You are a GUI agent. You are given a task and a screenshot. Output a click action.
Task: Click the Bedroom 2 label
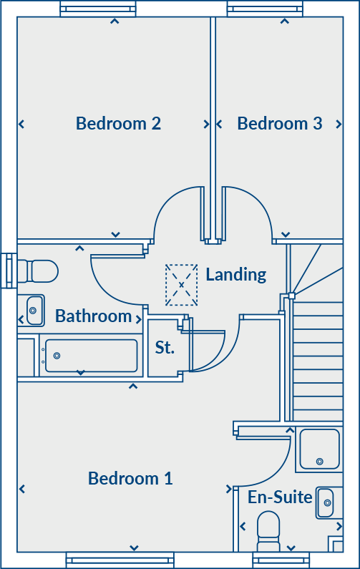pyautogui.click(x=118, y=123)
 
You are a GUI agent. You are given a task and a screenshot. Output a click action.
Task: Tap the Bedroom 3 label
pyautogui.click(x=279, y=123)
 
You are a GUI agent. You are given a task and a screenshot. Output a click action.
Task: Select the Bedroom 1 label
pyautogui.click(x=130, y=478)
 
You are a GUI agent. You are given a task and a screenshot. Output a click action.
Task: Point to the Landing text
pyautogui.click(x=235, y=274)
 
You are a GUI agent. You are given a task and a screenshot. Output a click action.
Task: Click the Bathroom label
pyautogui.click(x=93, y=316)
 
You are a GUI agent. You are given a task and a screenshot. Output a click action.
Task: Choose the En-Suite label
pyautogui.click(x=280, y=497)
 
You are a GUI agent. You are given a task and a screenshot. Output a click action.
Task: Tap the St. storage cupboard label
pyautogui.click(x=165, y=348)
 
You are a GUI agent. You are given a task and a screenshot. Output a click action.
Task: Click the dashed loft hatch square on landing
pyautogui.click(x=181, y=284)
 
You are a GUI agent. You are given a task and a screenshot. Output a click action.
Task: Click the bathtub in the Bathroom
pyautogui.click(x=90, y=356)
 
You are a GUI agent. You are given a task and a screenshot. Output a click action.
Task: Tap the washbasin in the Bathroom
pyautogui.click(x=33, y=311)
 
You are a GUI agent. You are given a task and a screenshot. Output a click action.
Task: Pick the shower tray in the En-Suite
pyautogui.click(x=319, y=449)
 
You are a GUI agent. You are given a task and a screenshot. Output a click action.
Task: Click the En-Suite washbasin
pyautogui.click(x=326, y=502)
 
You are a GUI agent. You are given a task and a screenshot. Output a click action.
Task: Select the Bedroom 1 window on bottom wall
pyautogui.click(x=120, y=560)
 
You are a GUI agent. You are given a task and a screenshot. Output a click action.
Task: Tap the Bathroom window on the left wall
pyautogui.click(x=9, y=271)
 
